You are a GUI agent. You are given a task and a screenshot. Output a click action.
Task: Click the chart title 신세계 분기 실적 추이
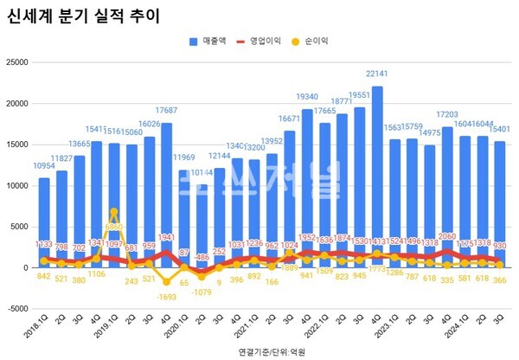tap(83, 17)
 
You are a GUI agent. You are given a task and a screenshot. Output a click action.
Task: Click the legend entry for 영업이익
tap(265, 41)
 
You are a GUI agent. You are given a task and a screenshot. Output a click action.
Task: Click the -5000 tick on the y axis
tap(16, 309)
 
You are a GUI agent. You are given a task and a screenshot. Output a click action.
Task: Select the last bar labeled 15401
tap(500, 204)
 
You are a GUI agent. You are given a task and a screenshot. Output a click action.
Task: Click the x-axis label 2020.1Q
tap(175, 329)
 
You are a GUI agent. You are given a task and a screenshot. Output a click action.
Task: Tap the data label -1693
tap(164, 296)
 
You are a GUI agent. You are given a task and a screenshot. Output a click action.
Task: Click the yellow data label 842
tap(43, 277)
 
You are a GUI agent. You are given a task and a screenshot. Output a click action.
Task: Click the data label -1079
tap(201, 292)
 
